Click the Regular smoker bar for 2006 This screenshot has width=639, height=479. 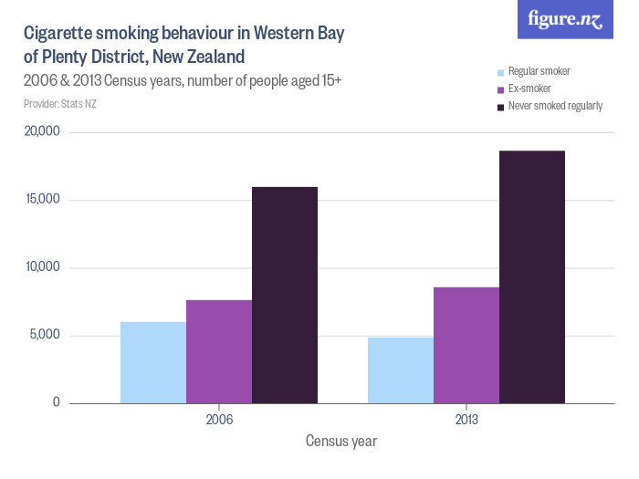pyautogui.click(x=153, y=362)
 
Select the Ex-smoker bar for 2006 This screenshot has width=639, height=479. pyautogui.click(x=219, y=351)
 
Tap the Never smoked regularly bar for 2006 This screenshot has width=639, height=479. pyautogui.click(x=285, y=295)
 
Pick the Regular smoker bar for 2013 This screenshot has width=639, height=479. pyautogui.click(x=401, y=370)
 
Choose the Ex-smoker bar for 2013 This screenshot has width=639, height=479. pyautogui.click(x=466, y=345)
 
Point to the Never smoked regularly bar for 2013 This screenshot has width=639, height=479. pyautogui.click(x=532, y=276)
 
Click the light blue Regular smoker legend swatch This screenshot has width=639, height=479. pyautogui.click(x=500, y=72)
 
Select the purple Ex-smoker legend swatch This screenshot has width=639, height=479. pyautogui.click(x=500, y=89)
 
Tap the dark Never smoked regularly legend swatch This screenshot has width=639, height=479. pyautogui.click(x=500, y=107)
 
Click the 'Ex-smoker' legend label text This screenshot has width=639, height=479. pyautogui.click(x=530, y=89)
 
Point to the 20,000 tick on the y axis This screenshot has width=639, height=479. pyautogui.click(x=42, y=131)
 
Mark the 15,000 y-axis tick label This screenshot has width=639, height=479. pyautogui.click(x=42, y=200)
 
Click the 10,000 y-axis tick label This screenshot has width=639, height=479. pyautogui.click(x=42, y=267)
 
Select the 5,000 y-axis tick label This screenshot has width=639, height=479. pyautogui.click(x=45, y=335)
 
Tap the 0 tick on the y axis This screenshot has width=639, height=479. pyautogui.click(x=56, y=402)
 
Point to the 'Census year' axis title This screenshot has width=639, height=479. pyautogui.click(x=341, y=441)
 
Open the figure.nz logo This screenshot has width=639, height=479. pyautogui.click(x=565, y=19)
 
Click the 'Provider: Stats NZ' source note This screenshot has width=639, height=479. pyautogui.click(x=60, y=104)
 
